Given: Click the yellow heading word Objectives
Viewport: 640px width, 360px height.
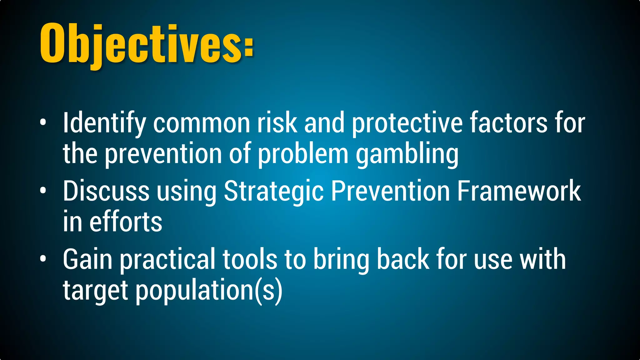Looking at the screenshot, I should pyautogui.click(x=141, y=44).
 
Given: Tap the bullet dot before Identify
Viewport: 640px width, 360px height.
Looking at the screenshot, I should pyautogui.click(x=43, y=122).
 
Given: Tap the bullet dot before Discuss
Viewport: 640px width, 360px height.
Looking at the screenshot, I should pyautogui.click(x=43, y=190).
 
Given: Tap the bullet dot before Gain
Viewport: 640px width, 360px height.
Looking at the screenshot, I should pyautogui.click(x=43, y=258).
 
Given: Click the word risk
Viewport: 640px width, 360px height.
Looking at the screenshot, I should pyautogui.click(x=277, y=123).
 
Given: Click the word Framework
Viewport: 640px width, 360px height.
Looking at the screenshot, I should pyautogui.click(x=519, y=191).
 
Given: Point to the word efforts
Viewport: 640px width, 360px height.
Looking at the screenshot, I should pyautogui.click(x=126, y=222).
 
